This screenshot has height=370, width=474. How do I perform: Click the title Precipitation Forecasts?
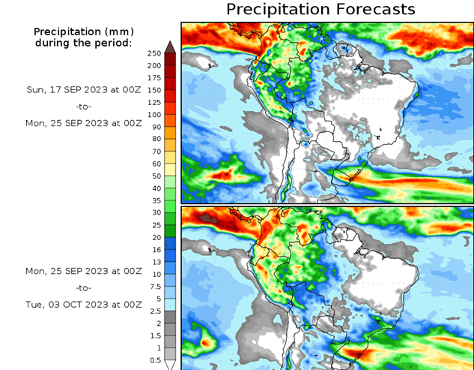click(x=320, y=10)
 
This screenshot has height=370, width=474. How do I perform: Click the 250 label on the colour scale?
click(x=154, y=53)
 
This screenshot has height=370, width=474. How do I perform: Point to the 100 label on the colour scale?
click(x=154, y=114)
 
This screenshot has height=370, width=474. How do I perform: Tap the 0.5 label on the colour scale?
click(x=154, y=360)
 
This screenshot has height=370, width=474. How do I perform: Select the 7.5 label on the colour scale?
click(x=154, y=286)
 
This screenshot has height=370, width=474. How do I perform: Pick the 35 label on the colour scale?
click(x=154, y=200)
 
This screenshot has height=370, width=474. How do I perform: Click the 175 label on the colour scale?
click(x=154, y=77)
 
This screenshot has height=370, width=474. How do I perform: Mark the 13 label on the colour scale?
click(x=154, y=262)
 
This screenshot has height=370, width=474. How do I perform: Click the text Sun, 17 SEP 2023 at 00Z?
click(x=84, y=89)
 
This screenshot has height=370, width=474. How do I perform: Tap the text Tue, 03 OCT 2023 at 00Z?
click(x=84, y=305)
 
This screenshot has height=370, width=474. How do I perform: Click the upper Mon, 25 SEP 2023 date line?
click(x=84, y=123)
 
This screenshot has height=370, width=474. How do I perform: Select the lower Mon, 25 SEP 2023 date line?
click(x=84, y=270)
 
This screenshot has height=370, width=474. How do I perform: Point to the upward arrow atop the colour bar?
click(x=170, y=47)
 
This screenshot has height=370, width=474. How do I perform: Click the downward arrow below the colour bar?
click(x=170, y=365)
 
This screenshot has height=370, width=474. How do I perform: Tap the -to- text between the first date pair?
click(x=84, y=107)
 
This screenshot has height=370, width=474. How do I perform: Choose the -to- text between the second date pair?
click(x=84, y=287)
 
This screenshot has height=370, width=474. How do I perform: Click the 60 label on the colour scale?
click(x=154, y=164)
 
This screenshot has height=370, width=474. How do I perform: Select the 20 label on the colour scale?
click(x=154, y=237)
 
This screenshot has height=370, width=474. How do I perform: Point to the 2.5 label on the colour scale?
click(x=154, y=311)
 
